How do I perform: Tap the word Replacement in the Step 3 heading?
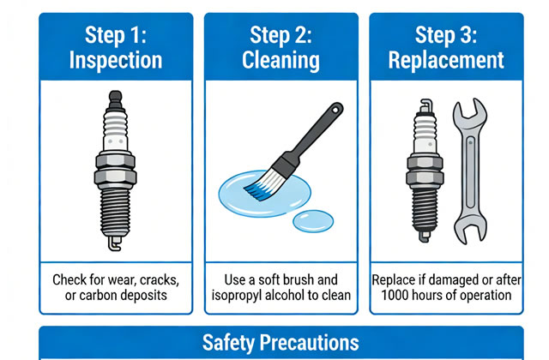pyautogui.click(x=445, y=61)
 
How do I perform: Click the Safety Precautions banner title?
pyautogui.click(x=281, y=343)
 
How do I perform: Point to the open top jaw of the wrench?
pyautogui.click(x=468, y=116)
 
